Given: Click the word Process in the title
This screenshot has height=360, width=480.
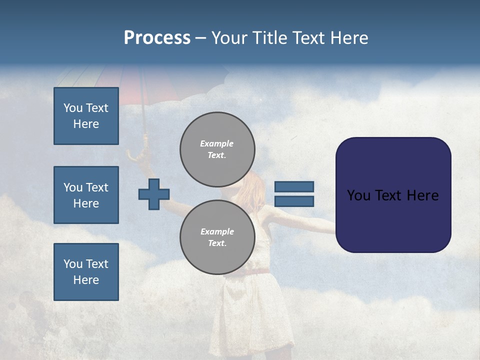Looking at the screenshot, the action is tap(157, 38).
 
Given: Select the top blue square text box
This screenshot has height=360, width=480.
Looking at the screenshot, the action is tap(86, 116).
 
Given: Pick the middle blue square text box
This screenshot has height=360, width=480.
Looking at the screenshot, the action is tap(86, 195).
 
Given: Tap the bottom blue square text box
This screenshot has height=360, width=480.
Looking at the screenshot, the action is tap(86, 272).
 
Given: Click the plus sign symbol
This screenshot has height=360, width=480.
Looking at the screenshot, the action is tap(154, 194).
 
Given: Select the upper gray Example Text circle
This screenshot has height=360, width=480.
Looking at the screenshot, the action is tap(217, 149).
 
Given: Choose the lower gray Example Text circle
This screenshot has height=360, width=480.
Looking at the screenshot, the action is tap(217, 237).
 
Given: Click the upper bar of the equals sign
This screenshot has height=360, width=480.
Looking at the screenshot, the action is tap(294, 186).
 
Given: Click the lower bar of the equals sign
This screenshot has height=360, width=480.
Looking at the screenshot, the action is tap(294, 201).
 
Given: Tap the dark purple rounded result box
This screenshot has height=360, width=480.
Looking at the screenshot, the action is tap(393, 195).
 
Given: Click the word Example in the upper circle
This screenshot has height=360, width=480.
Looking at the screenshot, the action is tap(216, 143).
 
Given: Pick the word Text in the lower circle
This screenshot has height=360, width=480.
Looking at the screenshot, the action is tap(217, 243).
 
